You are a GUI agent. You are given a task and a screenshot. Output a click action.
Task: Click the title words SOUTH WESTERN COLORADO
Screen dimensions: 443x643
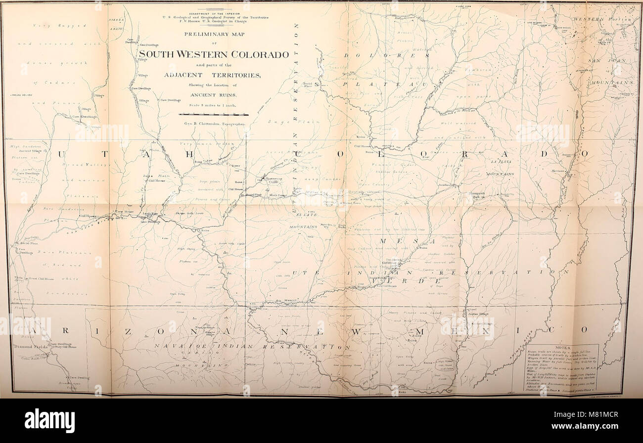coord(213,54)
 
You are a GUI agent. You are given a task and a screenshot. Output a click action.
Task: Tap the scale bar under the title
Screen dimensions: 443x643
coord(214,114)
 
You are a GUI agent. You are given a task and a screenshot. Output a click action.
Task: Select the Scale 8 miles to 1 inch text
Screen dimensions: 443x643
coord(214,104)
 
